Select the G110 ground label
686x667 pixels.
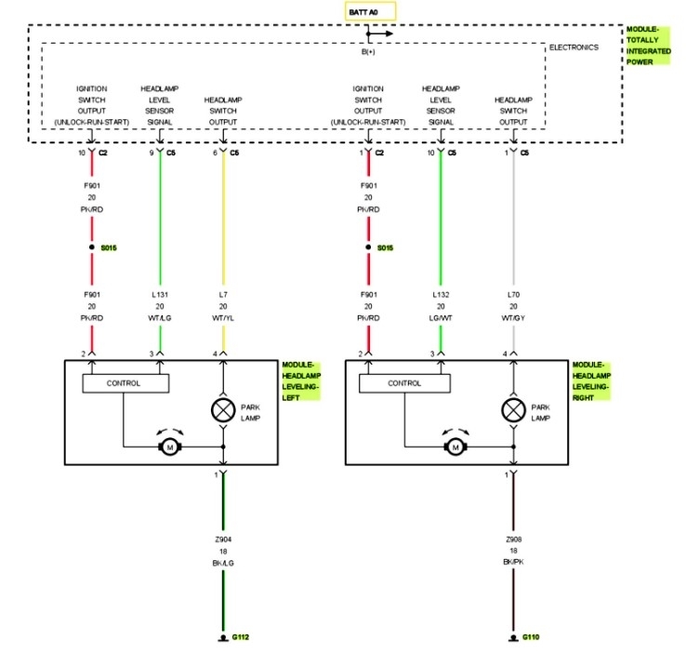531,637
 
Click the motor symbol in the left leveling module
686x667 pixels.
170,447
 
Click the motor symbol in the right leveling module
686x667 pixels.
455,447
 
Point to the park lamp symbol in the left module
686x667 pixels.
223,409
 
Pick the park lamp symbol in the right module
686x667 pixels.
511,409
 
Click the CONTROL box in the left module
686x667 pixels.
124,382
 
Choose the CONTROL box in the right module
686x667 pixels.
404,382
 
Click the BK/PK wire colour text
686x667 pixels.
512,564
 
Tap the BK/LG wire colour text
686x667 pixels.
223,564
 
